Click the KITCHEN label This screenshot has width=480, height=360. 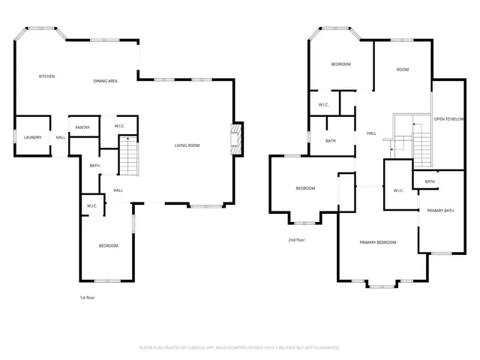click(46, 76)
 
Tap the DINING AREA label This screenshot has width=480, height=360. click(105, 81)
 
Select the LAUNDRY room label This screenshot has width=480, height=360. click(32, 137)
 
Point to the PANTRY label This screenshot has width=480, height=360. click(82, 127)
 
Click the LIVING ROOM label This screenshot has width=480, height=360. click(187, 145)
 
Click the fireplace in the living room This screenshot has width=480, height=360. click(237, 139)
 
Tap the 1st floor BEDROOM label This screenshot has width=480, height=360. click(108, 246)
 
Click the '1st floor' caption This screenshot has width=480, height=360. click(87, 298)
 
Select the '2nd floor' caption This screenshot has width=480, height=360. click(297, 240)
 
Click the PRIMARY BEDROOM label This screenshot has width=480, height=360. click(377, 242)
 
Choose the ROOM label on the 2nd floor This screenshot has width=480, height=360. click(403, 70)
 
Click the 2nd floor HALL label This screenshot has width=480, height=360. click(370, 133)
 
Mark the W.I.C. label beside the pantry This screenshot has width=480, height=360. click(119, 126)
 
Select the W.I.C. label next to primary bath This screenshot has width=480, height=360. click(399, 190)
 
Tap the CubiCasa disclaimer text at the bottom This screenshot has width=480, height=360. click(240, 348)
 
